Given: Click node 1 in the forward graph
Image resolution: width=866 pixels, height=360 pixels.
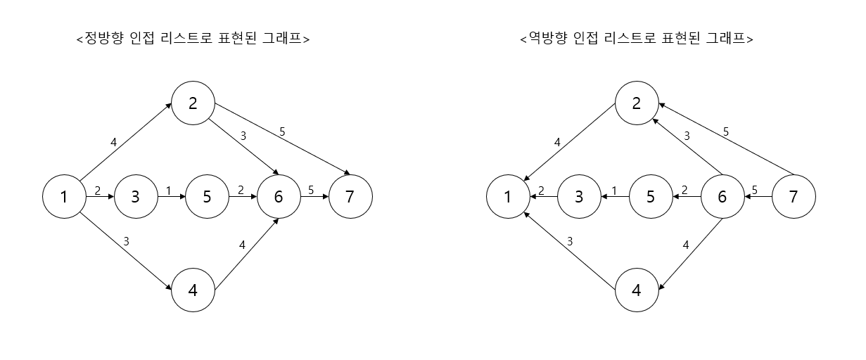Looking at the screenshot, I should (64, 197).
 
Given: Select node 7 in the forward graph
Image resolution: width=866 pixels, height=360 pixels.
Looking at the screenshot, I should (350, 197).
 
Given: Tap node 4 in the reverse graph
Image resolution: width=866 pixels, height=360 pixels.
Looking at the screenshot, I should (637, 290).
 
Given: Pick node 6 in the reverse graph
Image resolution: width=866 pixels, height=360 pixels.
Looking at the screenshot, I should (722, 197).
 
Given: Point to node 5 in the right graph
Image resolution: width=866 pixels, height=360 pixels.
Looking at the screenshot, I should (650, 197).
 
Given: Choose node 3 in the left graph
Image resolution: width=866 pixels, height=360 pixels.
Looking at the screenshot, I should (135, 197).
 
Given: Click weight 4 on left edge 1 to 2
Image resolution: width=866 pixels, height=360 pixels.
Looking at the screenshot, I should (114, 142).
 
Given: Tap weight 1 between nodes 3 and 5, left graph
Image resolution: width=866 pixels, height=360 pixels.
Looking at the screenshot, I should (169, 189).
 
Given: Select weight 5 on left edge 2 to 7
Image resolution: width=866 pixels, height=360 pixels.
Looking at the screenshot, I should (283, 131).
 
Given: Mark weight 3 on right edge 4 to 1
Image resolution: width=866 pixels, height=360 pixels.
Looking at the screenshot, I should (570, 240).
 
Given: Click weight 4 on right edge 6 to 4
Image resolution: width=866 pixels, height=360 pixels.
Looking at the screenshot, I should (687, 245).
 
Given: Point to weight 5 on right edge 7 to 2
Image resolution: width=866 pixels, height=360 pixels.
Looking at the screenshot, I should (726, 131).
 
